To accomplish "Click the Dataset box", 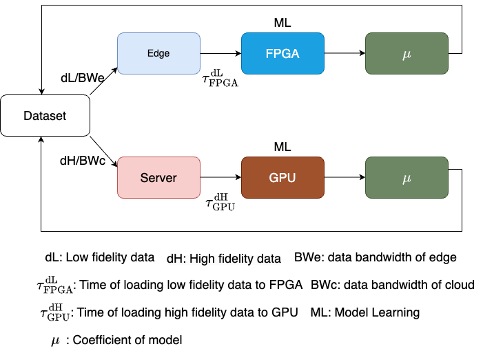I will (x=45, y=116).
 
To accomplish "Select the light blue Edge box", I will (x=158, y=54).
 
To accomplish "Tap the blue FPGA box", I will (x=282, y=54).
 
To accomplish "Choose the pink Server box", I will (x=158, y=178).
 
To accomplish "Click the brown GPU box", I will (x=282, y=178).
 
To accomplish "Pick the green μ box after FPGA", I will (x=407, y=54).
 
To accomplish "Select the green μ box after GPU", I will (x=407, y=178).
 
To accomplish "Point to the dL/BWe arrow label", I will (x=83, y=78).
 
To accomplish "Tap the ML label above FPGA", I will (x=282, y=23).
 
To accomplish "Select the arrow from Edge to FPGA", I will (x=220, y=53).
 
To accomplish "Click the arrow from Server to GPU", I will (x=220, y=177).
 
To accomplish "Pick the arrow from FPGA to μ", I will (x=345, y=53).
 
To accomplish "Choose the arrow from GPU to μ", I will (x=345, y=177).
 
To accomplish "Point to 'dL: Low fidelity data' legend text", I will (x=99, y=258).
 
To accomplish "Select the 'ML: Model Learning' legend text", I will (x=365, y=312).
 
